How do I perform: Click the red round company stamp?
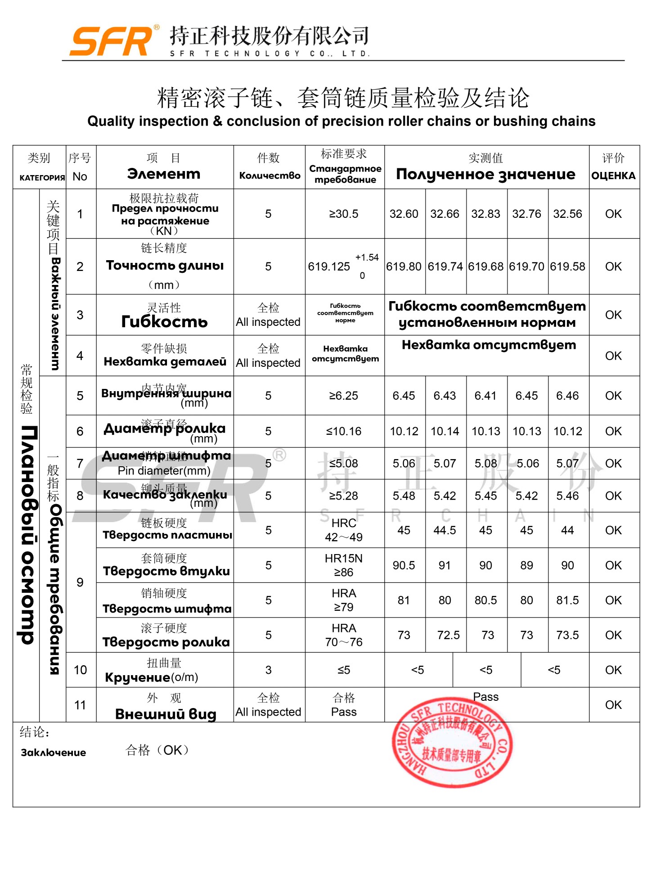[x=452, y=743]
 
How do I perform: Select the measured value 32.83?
[x=485, y=214]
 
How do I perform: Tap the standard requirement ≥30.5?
[x=344, y=214]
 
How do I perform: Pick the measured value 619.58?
[x=567, y=266]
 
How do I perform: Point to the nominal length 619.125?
[x=329, y=266]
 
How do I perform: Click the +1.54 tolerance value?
[x=367, y=257]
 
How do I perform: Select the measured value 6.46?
[x=567, y=396]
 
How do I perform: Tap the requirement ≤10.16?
[x=344, y=431]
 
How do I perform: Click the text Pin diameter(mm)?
[x=164, y=471]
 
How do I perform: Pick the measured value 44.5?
[x=445, y=530]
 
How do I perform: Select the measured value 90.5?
[x=404, y=565]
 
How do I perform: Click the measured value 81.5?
[x=567, y=600]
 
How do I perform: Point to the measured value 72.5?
[x=448, y=635]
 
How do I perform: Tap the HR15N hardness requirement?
[x=344, y=559]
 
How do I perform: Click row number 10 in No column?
[x=81, y=670]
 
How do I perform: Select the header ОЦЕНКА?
[x=613, y=176]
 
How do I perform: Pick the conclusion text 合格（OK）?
[x=157, y=750]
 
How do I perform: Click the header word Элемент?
[x=164, y=174]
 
